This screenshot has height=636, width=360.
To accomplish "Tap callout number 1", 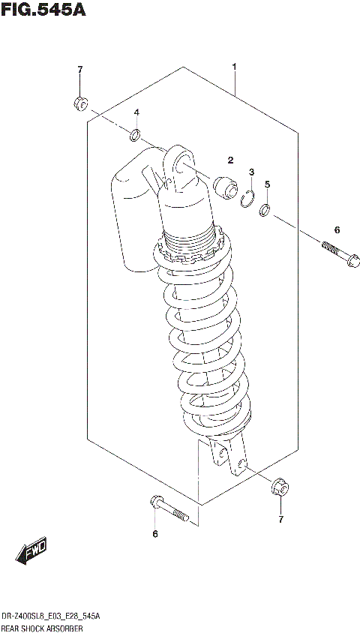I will [x=235, y=67].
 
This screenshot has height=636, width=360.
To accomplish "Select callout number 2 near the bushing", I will [x=231, y=159].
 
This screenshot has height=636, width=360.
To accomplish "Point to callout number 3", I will [x=252, y=172].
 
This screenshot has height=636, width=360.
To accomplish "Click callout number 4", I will [x=137, y=112].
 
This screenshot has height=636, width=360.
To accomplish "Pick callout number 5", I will [x=267, y=184].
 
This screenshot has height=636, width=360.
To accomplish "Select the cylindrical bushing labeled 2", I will [x=223, y=185].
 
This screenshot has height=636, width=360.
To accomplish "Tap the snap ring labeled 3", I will [x=249, y=198].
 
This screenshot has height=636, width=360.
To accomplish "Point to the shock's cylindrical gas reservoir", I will [x=132, y=217].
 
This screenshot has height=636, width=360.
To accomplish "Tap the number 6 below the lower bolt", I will [x=155, y=534].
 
